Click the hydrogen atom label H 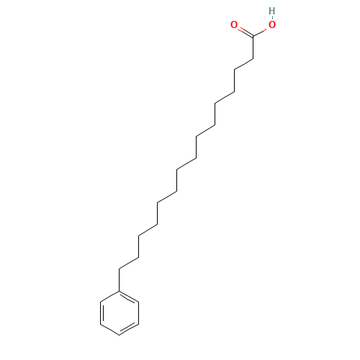[271, 11]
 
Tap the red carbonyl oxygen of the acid [234, 25]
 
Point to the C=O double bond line [243, 30]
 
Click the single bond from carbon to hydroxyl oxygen [262, 30]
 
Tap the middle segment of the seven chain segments [186, 163]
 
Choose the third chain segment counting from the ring [166, 196]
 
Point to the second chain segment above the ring [147, 229]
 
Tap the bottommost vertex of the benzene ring [119, 335]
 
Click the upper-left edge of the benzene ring [109, 296]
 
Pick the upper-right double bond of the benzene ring [128, 297]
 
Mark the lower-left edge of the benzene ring [109, 329]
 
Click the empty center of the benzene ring [119, 312]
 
